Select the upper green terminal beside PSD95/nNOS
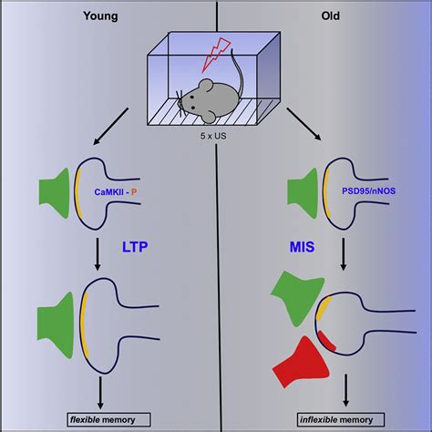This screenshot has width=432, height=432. tap(303, 192)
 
